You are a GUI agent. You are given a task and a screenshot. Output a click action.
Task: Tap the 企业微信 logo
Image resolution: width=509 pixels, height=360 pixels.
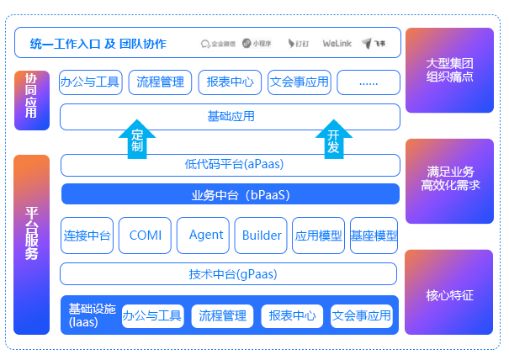219,43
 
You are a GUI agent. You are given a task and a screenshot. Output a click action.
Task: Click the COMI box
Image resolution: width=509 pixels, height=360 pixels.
145,236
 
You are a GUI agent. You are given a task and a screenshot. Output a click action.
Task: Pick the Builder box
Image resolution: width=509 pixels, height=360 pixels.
261,236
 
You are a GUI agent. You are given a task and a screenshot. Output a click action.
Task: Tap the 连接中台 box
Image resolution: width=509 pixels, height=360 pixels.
87,236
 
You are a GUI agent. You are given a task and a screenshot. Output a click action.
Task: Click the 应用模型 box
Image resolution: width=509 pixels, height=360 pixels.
318,236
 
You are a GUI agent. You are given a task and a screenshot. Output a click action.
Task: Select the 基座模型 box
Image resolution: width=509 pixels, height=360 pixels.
374,236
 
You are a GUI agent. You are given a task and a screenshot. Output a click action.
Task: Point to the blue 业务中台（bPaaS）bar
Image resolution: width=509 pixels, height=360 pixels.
230,194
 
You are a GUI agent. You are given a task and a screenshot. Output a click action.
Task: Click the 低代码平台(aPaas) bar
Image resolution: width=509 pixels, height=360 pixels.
230,165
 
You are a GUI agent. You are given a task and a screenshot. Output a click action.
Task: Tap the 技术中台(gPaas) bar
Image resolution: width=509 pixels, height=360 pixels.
228,273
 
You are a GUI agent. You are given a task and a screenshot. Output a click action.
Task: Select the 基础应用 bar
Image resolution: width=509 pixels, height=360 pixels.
230,116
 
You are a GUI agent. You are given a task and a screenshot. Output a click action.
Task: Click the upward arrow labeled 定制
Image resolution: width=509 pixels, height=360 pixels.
138,139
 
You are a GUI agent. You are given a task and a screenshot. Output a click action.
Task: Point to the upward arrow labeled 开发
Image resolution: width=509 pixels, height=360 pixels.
333,139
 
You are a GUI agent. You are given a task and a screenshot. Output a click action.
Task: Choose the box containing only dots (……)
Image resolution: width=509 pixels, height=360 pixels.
368,82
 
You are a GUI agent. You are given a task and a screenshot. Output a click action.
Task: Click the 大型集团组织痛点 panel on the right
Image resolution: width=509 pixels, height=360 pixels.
449,70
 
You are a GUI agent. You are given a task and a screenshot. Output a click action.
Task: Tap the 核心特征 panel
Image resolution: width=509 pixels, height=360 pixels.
449,295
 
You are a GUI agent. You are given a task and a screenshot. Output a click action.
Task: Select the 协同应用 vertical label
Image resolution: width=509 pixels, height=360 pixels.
31,100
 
